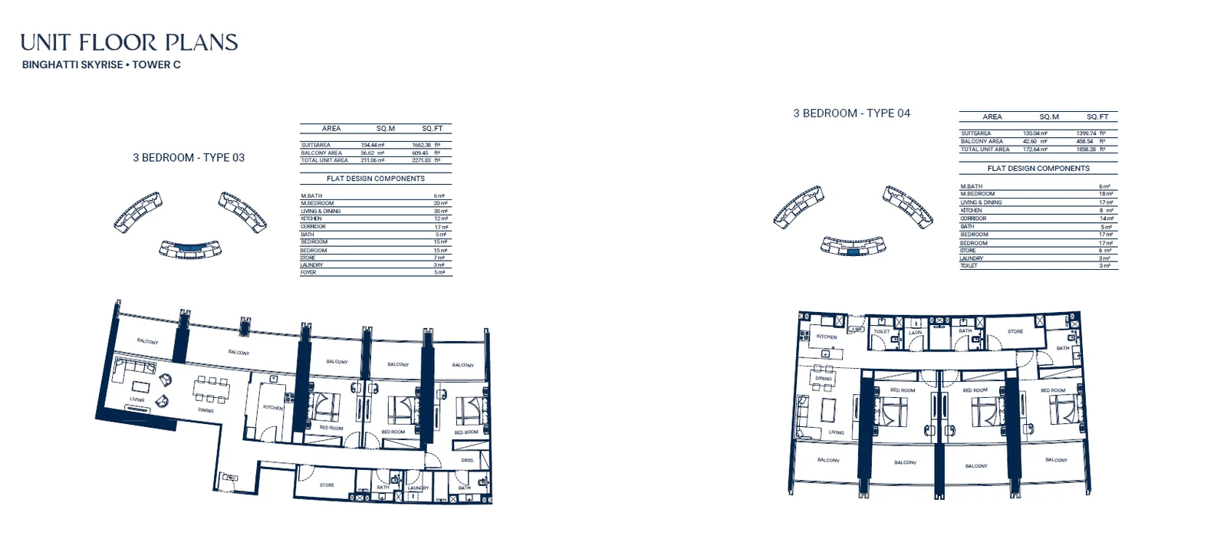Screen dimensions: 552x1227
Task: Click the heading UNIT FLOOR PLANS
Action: pyautogui.click(x=129, y=43)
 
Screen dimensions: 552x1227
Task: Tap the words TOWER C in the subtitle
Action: pyautogui.click(x=156, y=65)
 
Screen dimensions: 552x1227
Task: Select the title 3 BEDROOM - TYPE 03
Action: pyautogui.click(x=189, y=158)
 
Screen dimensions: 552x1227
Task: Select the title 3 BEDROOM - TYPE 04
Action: pyautogui.click(x=851, y=113)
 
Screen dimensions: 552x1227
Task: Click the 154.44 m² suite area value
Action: pyautogui.click(x=372, y=145)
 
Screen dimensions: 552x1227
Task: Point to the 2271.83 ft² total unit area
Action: pyautogui.click(x=426, y=160)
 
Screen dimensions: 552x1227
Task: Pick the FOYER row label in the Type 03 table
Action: pyautogui.click(x=308, y=272)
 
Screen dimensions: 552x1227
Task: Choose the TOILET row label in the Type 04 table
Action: pyautogui.click(x=969, y=266)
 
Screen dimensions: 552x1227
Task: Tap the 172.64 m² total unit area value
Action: pyautogui.click(x=1035, y=149)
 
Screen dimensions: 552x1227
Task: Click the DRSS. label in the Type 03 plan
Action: pyautogui.click(x=467, y=460)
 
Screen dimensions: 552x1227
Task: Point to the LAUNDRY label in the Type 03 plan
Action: pyautogui.click(x=418, y=488)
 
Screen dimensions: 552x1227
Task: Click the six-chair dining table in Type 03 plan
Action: pyautogui.click(x=211, y=390)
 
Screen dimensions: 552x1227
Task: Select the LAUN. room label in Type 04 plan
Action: pyautogui.click(x=916, y=333)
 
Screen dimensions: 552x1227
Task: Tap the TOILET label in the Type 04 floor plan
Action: pyautogui.click(x=882, y=332)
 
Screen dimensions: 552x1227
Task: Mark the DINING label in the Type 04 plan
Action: pyautogui.click(x=824, y=379)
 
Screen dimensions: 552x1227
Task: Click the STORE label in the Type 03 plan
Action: pyautogui.click(x=327, y=485)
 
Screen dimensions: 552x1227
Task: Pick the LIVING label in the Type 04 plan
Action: pyautogui.click(x=836, y=432)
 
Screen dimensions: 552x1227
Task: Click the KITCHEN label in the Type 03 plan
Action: pyautogui.click(x=273, y=408)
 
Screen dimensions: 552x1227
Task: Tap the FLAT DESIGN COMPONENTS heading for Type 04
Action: pyautogui.click(x=1038, y=169)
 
